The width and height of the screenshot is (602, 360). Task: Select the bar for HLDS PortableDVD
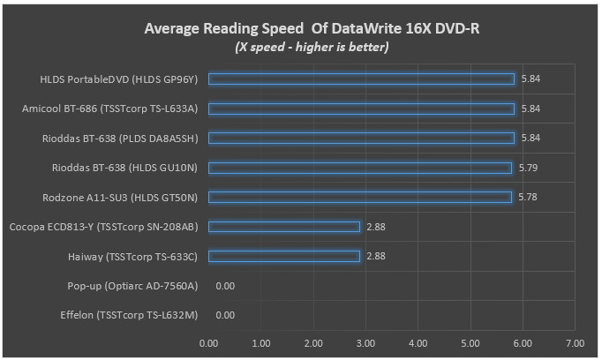coord(361,79)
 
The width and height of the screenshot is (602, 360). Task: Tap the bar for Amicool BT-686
coord(361,109)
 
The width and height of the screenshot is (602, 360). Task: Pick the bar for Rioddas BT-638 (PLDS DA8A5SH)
coord(361,138)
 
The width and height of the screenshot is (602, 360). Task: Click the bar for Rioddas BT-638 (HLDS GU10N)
coord(359,168)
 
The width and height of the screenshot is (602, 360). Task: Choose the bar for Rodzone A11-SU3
coord(359,197)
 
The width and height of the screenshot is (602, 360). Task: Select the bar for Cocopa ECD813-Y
coord(284,227)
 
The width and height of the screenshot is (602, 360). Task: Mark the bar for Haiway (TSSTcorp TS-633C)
coord(284,256)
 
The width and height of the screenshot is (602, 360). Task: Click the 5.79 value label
coord(528,168)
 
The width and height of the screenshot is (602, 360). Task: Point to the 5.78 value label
coord(528,197)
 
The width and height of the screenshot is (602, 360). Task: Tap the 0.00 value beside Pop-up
coord(225,286)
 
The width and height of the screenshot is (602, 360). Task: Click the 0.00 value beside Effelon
coord(225,315)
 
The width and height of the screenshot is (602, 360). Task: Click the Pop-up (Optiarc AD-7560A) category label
coord(132,286)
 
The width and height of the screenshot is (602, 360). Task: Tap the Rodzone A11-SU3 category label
coord(119,197)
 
